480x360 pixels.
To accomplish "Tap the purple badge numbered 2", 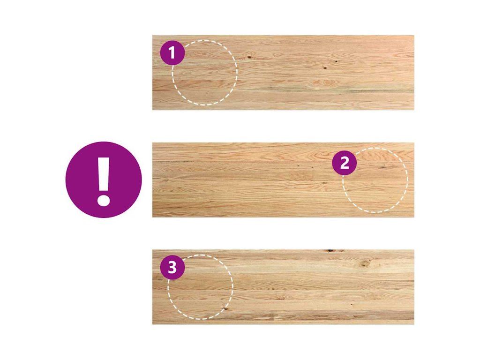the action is (345, 163).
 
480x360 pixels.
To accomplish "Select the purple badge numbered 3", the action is (172, 267).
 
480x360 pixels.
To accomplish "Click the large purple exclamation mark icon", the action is (104, 180).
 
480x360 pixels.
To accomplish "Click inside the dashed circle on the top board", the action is (205, 73).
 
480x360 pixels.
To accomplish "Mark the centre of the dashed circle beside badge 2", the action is (375, 180).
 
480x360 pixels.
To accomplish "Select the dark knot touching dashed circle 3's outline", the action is (225, 308).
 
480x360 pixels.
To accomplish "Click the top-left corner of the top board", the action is (152, 36).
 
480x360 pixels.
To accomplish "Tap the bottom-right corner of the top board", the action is (414, 110).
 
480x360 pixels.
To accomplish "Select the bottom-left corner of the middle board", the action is (152, 217).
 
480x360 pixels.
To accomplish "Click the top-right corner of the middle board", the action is (414, 142).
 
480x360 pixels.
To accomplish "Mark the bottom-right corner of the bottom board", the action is (414, 324).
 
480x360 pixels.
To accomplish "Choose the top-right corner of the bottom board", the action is (414, 250).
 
